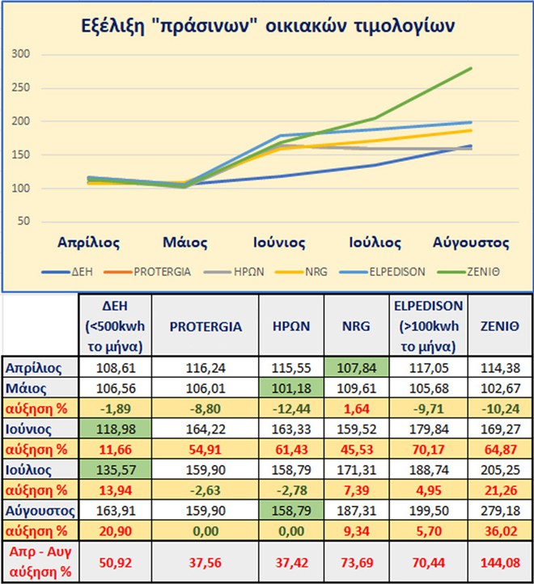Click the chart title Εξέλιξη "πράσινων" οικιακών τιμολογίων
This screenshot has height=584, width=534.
coord(267,25)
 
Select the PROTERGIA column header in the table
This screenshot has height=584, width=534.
coord(205,326)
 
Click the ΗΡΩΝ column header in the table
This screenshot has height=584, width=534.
coord(290,326)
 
